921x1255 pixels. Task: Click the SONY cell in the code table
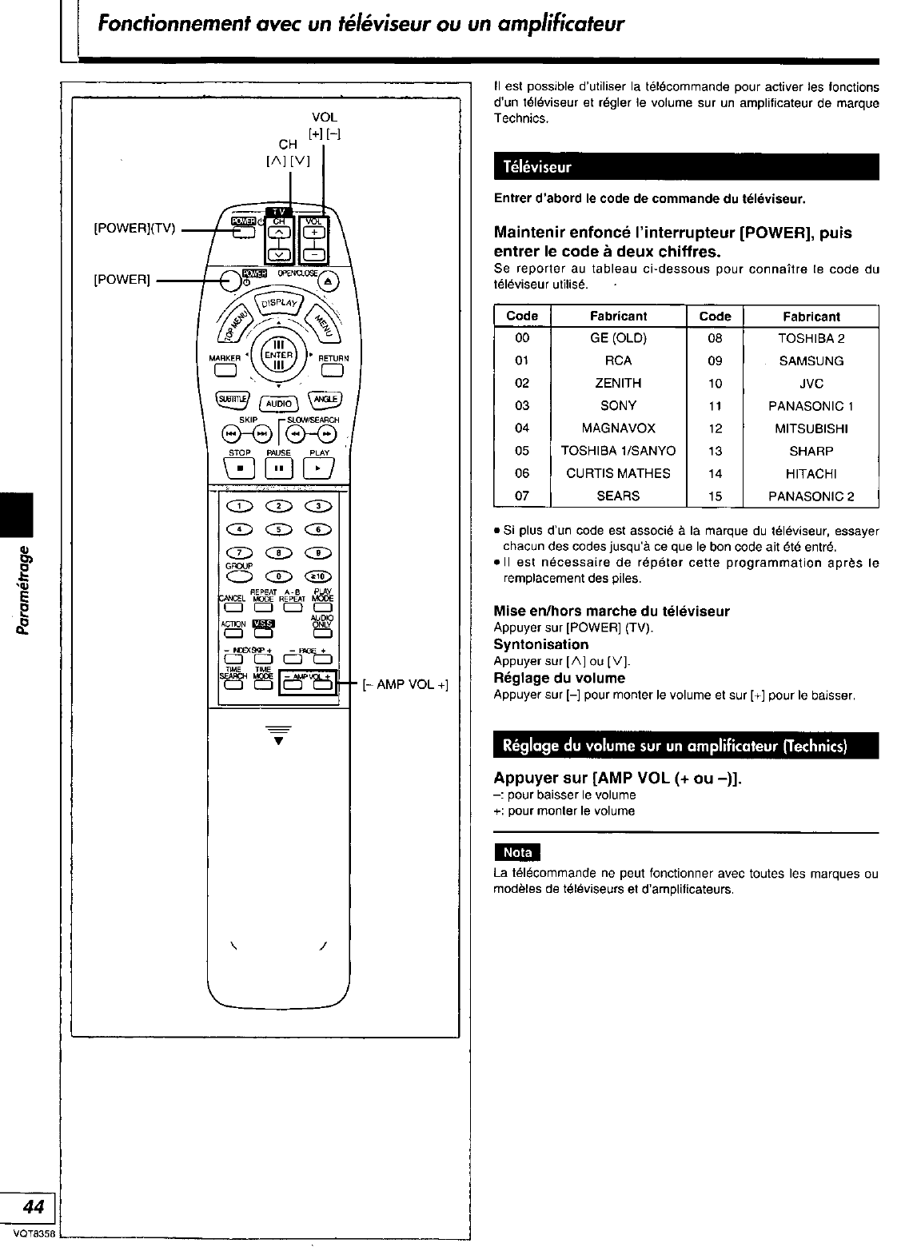[618, 405]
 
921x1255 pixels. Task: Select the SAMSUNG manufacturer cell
[811, 361]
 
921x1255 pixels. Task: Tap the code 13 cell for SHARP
[715, 451]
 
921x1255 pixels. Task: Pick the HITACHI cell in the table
[811, 473]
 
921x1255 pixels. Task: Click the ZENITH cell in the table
[618, 383]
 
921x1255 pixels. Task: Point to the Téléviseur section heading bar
[686, 168]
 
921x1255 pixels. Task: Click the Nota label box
[517, 853]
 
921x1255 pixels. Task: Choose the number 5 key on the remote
[278, 529]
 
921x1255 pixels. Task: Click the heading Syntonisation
[540, 644]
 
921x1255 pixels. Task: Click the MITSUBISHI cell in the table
[811, 428]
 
